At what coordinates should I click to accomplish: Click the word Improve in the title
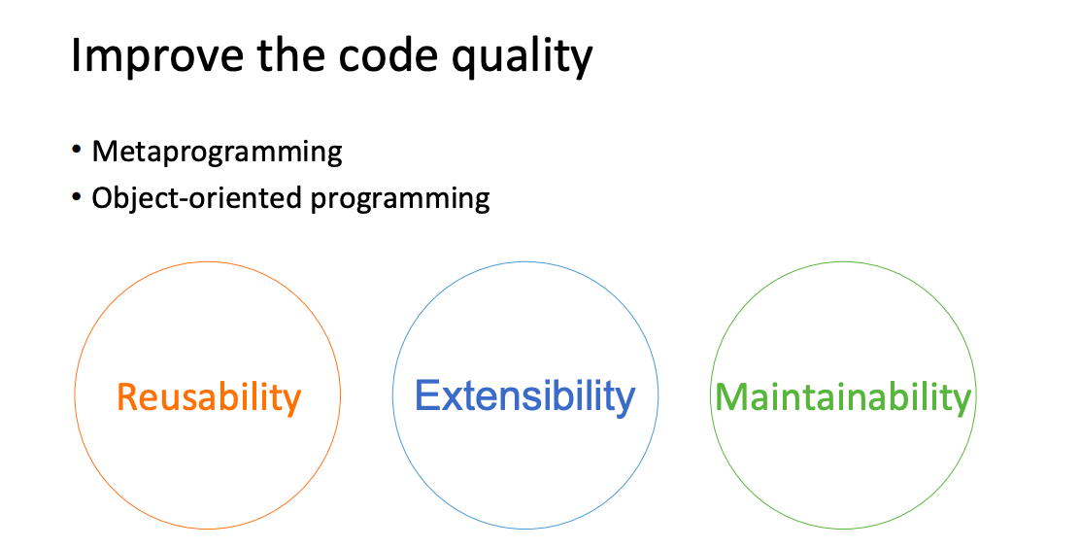(x=157, y=56)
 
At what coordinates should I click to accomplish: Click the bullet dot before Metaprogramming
(x=77, y=150)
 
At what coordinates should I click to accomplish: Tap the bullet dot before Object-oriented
(x=77, y=196)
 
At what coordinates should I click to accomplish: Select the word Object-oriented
(x=197, y=198)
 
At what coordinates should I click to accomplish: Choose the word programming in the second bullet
(x=400, y=200)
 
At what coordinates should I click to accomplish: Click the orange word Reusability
(x=209, y=397)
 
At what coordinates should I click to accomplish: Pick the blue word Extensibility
(x=524, y=395)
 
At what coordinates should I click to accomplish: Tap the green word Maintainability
(x=843, y=397)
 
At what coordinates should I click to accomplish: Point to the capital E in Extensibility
(x=427, y=395)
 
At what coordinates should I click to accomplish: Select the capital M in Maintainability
(x=730, y=396)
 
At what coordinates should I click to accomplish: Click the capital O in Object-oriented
(x=103, y=198)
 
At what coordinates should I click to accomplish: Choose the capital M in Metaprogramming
(x=106, y=151)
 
